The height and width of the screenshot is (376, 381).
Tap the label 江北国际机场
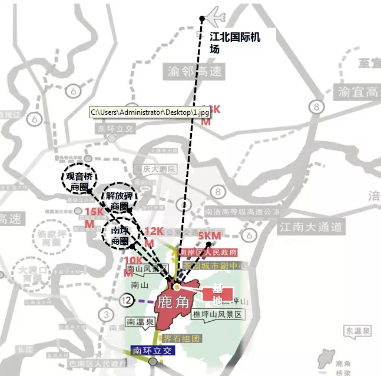[235, 42]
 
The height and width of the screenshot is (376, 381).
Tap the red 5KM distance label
[210, 236]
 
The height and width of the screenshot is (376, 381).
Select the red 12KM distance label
[153, 236]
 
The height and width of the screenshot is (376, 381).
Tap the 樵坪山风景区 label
[217, 315]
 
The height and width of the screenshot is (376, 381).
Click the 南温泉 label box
[141, 321]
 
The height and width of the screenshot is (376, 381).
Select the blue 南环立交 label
[154, 350]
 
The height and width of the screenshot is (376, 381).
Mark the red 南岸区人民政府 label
[208, 252]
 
